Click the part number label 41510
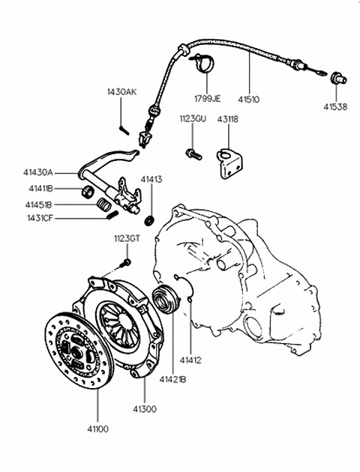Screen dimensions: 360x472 (248, 99)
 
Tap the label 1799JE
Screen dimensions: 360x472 (207, 98)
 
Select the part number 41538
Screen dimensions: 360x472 (335, 106)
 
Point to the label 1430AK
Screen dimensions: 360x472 (121, 92)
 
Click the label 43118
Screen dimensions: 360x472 (228, 119)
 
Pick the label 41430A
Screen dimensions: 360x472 (38, 172)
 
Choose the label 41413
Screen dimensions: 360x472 (151, 179)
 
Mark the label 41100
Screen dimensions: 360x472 (97, 429)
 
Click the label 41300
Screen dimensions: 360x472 (145, 409)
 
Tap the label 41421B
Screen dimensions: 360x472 (172, 380)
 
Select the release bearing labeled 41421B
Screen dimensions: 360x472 (166, 298)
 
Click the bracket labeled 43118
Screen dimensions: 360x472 (230, 163)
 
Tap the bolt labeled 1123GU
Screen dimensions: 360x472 (193, 154)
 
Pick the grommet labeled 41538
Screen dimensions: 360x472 (338, 78)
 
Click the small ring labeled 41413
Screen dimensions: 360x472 (150, 221)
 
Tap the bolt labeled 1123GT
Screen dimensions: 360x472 (124, 264)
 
